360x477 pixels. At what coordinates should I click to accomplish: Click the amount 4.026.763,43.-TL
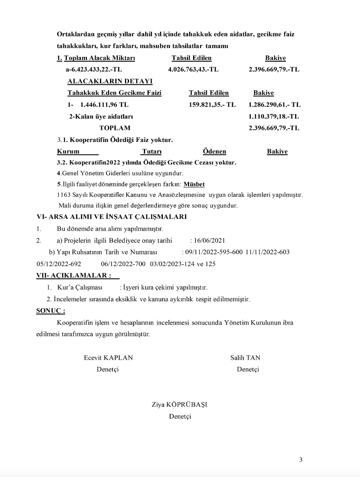coord(193,69)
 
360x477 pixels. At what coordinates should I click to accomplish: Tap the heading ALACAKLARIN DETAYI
coord(104,81)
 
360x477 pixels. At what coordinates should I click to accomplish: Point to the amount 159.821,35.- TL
coord(212,104)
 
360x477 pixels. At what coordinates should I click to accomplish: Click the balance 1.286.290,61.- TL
coord(275,104)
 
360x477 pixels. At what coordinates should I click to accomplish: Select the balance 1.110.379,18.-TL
coord(274,117)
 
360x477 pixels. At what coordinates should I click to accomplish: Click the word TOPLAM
coord(115,128)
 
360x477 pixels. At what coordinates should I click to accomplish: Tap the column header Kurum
coord(69,152)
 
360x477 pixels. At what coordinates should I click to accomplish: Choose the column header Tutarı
coord(152,152)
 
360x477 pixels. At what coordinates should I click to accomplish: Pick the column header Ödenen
coord(214,152)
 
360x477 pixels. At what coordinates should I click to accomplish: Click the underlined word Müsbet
coord(194,184)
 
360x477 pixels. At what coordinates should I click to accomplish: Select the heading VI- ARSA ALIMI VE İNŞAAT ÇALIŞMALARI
coord(111,217)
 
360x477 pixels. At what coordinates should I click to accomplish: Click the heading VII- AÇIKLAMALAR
coord(73,275)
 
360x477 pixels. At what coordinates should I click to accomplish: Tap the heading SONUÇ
coord(50,311)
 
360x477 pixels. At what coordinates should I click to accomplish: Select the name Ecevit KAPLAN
coord(108,358)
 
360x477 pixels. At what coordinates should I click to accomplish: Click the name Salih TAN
coord(245,358)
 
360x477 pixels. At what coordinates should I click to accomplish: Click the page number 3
coord(301,460)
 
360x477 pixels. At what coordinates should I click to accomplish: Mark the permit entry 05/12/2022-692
coord(58,264)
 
